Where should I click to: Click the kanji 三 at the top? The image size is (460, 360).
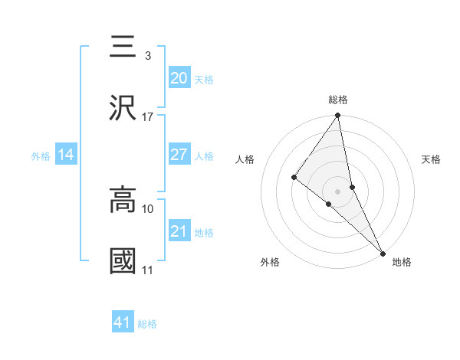click(123, 47)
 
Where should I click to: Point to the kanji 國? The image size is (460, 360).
click(123, 260)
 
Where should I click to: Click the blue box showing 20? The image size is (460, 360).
click(179, 78)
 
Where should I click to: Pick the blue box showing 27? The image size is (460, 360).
click(179, 155)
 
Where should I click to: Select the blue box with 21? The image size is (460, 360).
click(179, 231)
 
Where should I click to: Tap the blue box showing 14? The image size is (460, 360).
click(66, 155)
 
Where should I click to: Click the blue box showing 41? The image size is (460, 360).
click(123, 322)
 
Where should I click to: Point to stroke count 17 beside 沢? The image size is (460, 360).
click(147, 117)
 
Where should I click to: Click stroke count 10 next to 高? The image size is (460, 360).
click(147, 208)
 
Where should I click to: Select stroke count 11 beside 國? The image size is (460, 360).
click(147, 270)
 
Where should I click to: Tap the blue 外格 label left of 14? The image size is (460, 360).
click(41, 155)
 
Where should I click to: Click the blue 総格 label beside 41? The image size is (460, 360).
click(147, 324)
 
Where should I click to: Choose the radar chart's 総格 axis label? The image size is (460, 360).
click(338, 100)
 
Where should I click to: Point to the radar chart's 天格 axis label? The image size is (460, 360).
click(431, 159)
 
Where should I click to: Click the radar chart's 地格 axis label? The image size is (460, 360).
click(402, 262)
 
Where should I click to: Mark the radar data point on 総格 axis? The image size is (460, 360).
click(338, 116)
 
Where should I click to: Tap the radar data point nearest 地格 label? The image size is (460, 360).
click(382, 252)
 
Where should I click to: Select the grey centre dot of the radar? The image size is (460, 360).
click(338, 190)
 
